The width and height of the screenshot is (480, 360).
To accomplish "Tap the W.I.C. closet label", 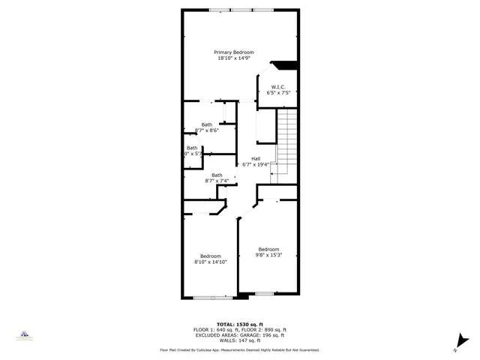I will coord(277,87).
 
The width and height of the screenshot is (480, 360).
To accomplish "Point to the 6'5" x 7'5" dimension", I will coord(277,93).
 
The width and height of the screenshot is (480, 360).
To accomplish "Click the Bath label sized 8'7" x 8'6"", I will coord(206,124).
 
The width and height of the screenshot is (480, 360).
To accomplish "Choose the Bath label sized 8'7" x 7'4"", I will coord(217,175).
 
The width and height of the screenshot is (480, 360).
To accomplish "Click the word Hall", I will coord(256,158).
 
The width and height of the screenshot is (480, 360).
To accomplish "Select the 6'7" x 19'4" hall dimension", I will coord(256,164).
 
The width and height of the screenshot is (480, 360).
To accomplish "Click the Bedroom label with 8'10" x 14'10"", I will coord(210,256).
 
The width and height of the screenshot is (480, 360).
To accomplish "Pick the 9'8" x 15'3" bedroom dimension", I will coord(268,255).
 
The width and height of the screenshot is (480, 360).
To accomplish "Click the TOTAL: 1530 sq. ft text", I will coord(239,324).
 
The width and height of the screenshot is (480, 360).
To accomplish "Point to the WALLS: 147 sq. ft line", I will coord(239,340).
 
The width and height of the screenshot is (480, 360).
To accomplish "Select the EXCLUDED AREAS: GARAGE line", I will coord(239,335).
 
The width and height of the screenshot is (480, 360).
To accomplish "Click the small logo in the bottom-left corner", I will coord(24,335).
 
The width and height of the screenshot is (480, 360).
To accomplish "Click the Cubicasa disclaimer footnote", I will coord(239,349).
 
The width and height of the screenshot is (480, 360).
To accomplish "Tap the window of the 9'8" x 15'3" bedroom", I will coord(264,292).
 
